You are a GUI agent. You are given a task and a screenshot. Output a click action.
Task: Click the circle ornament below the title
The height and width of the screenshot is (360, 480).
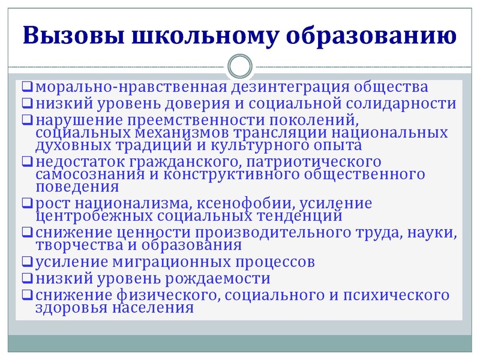pos(240,65)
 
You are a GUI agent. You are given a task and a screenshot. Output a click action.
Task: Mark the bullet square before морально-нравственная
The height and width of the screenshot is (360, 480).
pos(28,88)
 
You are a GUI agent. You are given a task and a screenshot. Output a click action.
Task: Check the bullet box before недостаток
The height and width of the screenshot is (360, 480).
pos(28,161)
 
